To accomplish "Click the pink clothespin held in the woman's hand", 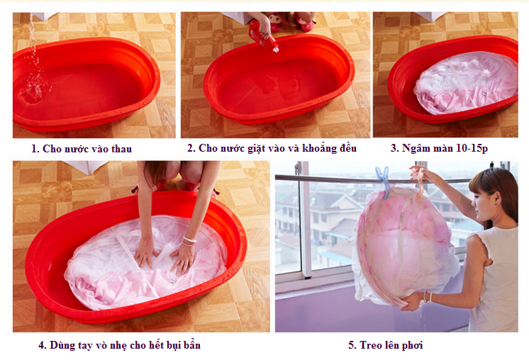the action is tap(418, 182).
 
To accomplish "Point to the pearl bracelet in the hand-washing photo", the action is tap(189, 242).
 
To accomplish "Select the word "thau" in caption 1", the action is tap(120, 149).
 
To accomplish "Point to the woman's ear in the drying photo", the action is tap(496, 200).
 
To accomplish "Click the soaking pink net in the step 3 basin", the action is tap(466, 83).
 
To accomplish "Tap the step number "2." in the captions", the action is tap(191, 148).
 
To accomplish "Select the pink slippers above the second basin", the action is tap(293, 22).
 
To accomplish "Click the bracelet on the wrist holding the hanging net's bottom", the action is tap(427, 297).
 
